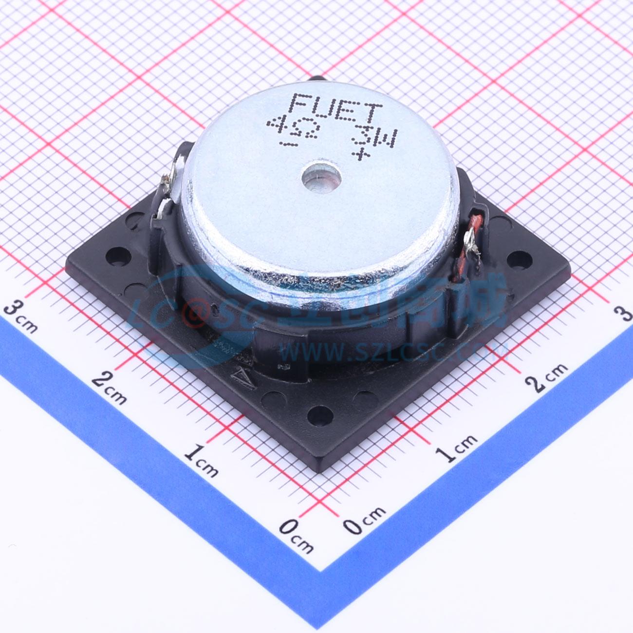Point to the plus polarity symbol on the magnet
point(361,155)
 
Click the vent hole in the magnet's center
point(321,178)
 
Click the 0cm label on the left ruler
point(296,535)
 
